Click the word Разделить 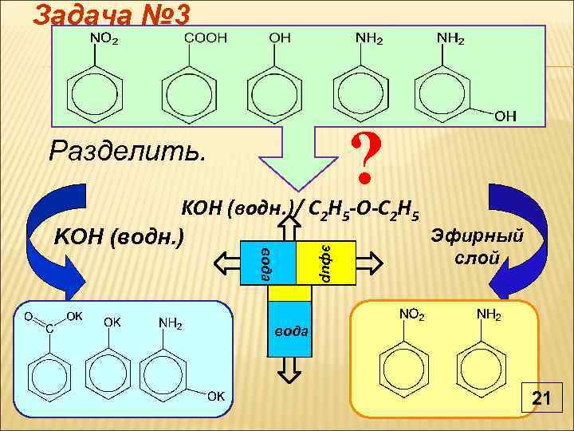click(127, 148)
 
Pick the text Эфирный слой click(477, 246)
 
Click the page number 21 click(542, 397)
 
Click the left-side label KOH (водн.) click(118, 237)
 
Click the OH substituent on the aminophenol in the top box click(505, 117)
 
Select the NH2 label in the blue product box click(171, 323)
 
